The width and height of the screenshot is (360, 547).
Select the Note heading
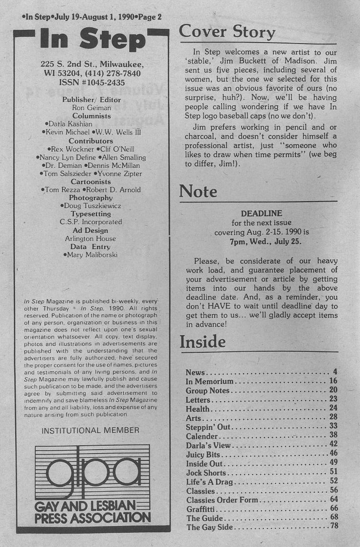198,191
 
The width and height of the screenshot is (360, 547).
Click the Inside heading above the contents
202,342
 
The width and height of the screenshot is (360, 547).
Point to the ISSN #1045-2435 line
91,83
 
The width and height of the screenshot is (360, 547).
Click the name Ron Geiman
91,108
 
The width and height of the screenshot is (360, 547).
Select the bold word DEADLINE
262,214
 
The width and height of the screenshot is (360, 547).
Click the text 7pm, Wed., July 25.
262,241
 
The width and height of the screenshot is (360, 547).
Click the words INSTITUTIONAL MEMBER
90,431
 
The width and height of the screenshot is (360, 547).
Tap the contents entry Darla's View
208,445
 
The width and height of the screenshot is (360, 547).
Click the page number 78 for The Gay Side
334,527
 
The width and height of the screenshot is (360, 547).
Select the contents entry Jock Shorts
206,473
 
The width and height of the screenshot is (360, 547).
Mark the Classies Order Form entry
222,500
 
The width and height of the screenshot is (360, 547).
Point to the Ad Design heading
91,230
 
